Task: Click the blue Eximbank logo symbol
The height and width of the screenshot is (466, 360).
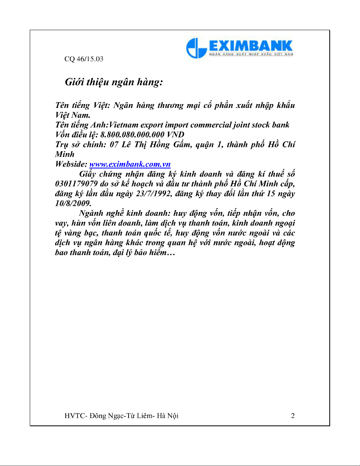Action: (x=196, y=48)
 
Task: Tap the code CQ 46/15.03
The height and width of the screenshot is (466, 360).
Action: (x=84, y=59)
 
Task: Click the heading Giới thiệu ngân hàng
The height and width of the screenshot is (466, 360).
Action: (x=114, y=82)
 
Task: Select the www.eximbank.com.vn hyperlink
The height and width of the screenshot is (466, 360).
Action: (x=130, y=164)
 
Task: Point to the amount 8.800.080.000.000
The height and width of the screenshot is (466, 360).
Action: (x=132, y=135)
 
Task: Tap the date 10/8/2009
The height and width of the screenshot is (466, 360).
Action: (x=73, y=203)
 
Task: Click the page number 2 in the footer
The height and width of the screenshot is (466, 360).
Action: (x=293, y=416)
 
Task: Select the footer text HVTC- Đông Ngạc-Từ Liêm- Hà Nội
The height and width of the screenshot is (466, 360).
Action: (x=121, y=416)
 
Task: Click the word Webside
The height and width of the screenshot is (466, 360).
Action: (x=71, y=164)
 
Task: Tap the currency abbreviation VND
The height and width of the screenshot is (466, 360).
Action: (x=175, y=135)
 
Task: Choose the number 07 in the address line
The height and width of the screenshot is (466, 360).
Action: (x=114, y=145)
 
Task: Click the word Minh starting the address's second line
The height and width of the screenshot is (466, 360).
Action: (x=65, y=154)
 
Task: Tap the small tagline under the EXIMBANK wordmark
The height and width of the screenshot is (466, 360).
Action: (x=251, y=54)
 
